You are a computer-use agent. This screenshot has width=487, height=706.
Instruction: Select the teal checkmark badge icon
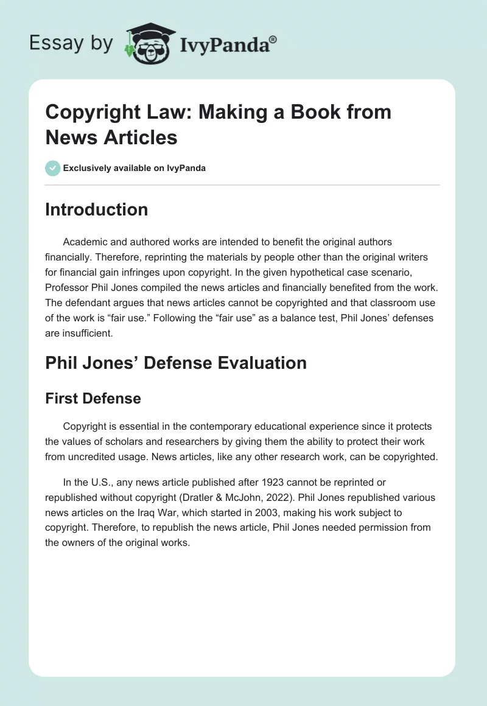[52, 168]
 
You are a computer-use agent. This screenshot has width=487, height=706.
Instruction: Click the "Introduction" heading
[96, 209]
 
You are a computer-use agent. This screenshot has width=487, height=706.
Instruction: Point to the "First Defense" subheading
[93, 399]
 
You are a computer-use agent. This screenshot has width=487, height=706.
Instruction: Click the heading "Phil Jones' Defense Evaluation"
[176, 363]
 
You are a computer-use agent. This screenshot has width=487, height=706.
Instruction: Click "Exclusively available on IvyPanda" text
[134, 168]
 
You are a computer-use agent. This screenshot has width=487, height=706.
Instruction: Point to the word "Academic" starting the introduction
[86, 242]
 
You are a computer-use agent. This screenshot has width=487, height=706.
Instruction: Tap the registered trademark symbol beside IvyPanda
[273, 40]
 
